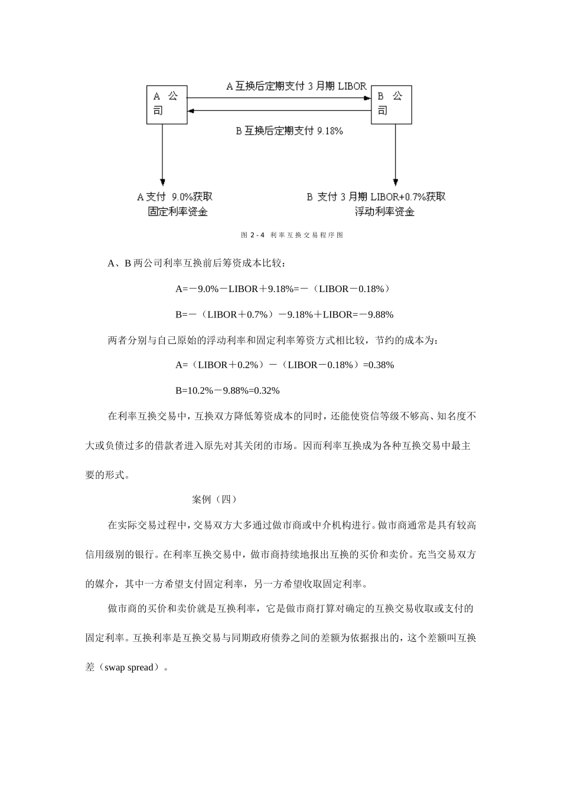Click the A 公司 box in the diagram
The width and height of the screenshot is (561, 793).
coord(167,104)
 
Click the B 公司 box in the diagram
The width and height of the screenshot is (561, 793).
coord(391,104)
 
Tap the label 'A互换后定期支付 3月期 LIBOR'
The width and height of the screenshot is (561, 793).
coord(296,86)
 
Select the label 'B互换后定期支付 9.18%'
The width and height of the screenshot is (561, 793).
coord(289,131)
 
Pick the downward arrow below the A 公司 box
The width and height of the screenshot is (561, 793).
coord(162,153)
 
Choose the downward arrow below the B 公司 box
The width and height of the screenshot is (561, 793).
coord(395,153)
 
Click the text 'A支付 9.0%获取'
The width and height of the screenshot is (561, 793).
coord(175,196)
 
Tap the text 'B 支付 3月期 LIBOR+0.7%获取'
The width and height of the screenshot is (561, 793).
coord(376,196)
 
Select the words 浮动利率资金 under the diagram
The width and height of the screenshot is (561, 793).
coord(384,212)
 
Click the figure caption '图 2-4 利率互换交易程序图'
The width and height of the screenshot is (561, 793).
coord(292,235)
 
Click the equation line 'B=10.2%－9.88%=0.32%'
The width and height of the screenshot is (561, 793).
coord(227,390)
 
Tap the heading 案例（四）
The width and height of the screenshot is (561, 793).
coord(214,499)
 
